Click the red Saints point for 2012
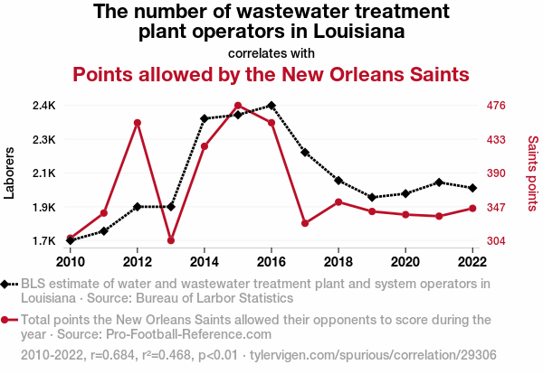click(x=138, y=123)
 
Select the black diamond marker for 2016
click(x=271, y=106)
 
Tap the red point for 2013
click(x=171, y=240)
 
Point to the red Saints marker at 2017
click(x=305, y=223)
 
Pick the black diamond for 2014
click(x=205, y=118)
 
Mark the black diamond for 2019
click(x=372, y=197)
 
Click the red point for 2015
click(x=238, y=106)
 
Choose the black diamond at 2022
click(x=472, y=188)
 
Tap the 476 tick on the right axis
click(x=496, y=106)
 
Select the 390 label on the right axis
click(x=496, y=173)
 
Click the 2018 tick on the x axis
click(x=338, y=262)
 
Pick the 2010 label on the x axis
click(x=71, y=262)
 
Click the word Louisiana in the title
click(x=353, y=33)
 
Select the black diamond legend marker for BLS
click(x=8, y=284)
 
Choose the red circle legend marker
click(x=8, y=320)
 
